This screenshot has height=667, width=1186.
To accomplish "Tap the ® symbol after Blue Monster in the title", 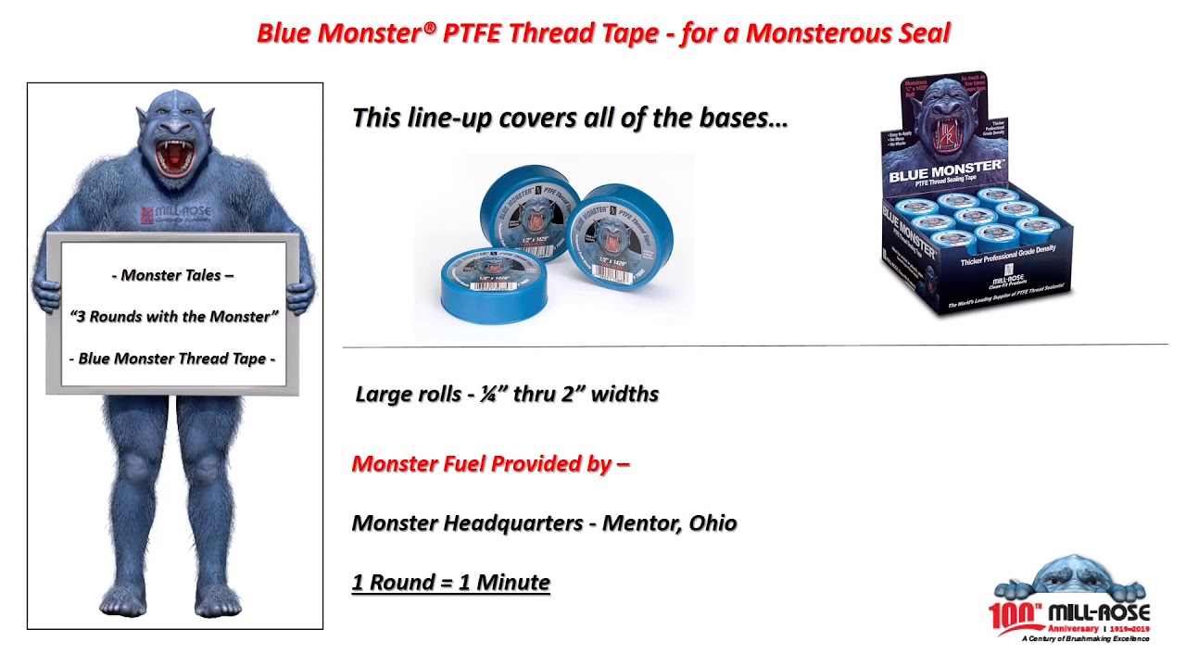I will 429,29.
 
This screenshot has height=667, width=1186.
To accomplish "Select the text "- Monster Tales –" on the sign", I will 172,275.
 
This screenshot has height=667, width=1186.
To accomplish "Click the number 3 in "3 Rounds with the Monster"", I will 80,317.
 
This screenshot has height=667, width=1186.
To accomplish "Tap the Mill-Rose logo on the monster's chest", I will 176,216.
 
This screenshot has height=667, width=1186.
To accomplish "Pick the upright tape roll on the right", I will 621,236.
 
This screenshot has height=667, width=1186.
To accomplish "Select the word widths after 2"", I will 625,394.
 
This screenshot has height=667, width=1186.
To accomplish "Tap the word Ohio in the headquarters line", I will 713,523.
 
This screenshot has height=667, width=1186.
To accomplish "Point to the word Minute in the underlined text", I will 513,583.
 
